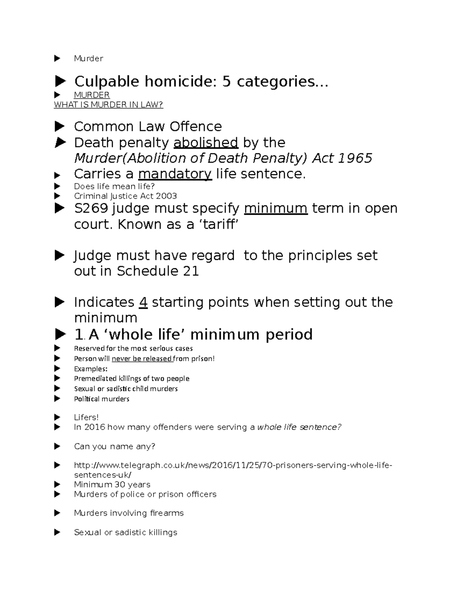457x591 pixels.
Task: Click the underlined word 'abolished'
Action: [206, 143]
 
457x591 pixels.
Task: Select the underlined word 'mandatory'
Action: [175, 174]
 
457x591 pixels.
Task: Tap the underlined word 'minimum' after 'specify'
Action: [275, 209]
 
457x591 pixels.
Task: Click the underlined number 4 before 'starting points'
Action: [143, 302]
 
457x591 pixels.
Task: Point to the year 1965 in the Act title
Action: [356, 158]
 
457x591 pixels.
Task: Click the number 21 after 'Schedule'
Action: [191, 271]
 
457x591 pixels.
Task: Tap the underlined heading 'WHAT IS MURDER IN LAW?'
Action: [109, 105]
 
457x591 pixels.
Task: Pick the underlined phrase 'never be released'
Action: [142, 358]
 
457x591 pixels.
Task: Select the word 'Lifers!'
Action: [86, 417]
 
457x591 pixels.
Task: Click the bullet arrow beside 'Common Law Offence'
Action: [59, 126]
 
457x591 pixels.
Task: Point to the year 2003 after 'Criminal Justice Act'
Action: [169, 196]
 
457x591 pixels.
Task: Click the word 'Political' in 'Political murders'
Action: [86, 399]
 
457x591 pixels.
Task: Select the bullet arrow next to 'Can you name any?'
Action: [58, 446]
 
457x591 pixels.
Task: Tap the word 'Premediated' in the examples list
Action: [95, 379]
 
